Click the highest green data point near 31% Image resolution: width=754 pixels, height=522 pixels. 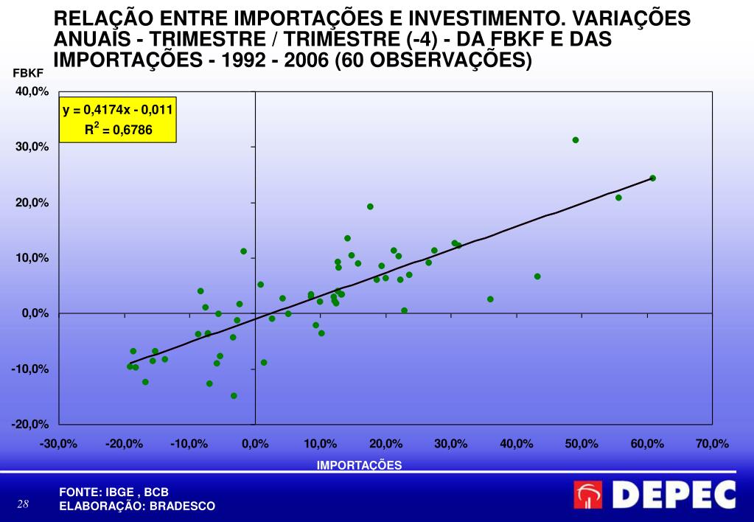(576, 140)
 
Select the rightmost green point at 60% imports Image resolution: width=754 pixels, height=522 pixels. (652, 178)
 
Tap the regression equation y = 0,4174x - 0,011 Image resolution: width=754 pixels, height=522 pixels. (118, 111)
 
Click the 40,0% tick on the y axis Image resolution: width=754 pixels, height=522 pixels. (30, 91)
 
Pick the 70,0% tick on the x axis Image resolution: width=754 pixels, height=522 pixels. (712, 444)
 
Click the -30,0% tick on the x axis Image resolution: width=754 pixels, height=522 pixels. (59, 444)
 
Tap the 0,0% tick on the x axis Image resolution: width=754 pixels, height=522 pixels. (255, 444)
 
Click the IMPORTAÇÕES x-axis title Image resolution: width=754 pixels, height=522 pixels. (359, 464)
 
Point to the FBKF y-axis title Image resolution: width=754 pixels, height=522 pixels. (29, 73)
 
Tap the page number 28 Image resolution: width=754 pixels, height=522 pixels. (23, 504)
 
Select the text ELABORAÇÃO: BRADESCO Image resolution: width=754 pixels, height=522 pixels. (137, 506)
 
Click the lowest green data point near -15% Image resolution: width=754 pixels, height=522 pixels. (234, 396)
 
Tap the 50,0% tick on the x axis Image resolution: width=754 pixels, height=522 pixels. (582, 444)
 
